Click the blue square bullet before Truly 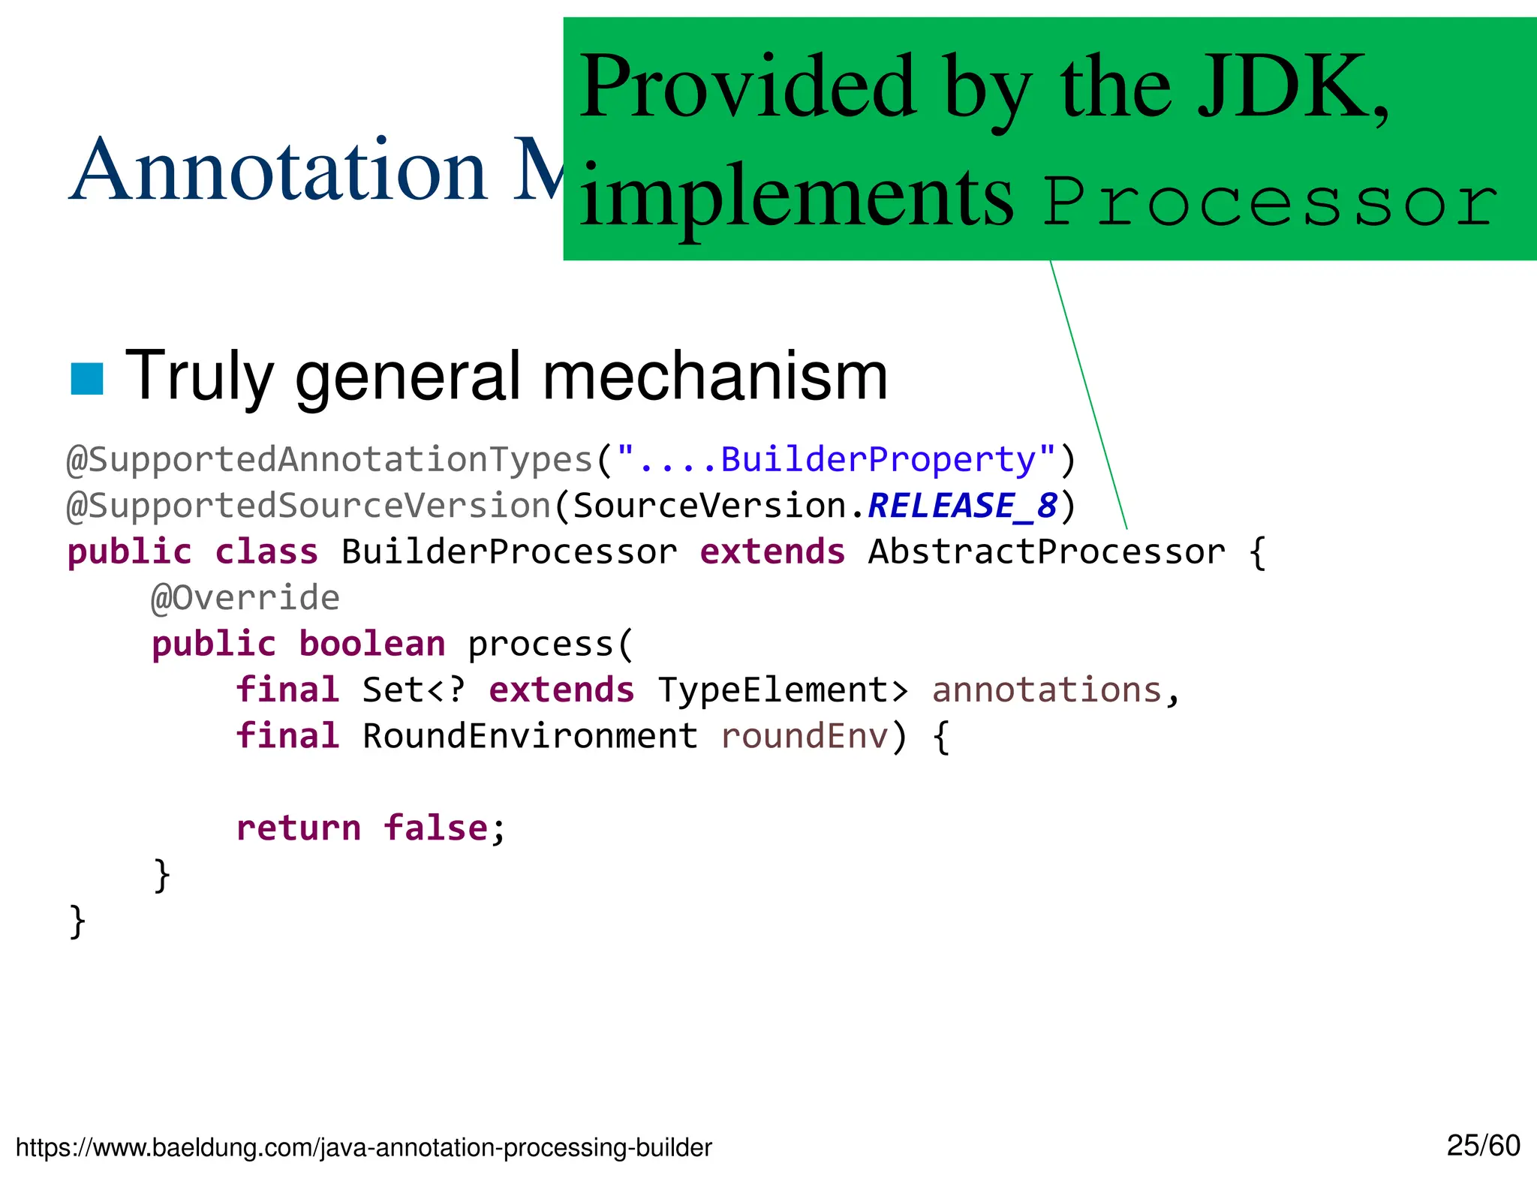tap(86, 378)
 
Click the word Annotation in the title tap(278, 171)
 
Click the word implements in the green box tap(796, 197)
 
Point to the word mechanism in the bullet tap(714, 377)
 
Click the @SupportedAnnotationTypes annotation tap(330, 460)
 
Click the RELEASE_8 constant tap(962, 506)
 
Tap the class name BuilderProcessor tap(509, 552)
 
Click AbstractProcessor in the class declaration tap(1046, 552)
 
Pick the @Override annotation tap(245, 598)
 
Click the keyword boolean tap(372, 645)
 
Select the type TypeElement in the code tap(783, 690)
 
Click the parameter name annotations tap(1046, 690)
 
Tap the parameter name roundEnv tap(804, 736)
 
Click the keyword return tap(299, 828)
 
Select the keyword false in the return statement tap(435, 828)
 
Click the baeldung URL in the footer tap(364, 1147)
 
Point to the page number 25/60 tap(1483, 1146)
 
